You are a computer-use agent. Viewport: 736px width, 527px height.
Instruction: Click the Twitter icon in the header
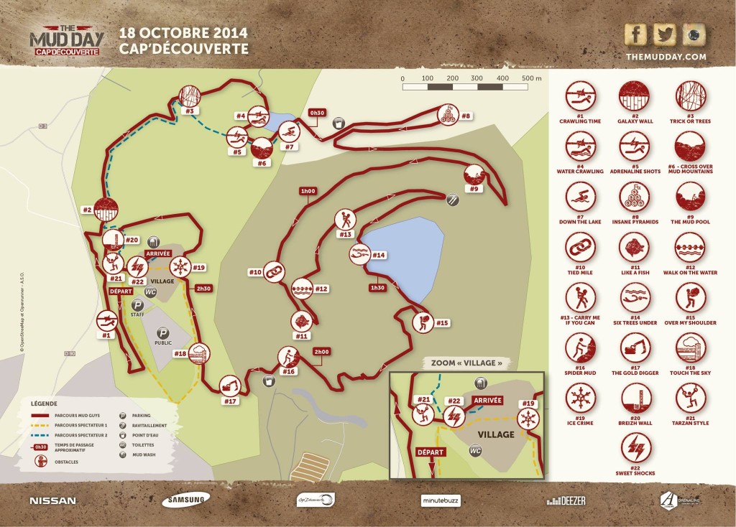pyautogui.click(x=666, y=34)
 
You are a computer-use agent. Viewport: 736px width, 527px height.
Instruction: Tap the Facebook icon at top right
pyautogui.click(x=635, y=34)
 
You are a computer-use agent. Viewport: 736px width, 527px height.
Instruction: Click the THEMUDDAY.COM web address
pyautogui.click(x=666, y=57)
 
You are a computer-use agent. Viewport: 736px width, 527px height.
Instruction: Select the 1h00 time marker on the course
pyautogui.click(x=308, y=191)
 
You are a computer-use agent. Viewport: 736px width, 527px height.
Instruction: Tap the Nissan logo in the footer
pyautogui.click(x=52, y=500)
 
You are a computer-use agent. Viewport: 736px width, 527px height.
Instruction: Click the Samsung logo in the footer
pyautogui.click(x=185, y=500)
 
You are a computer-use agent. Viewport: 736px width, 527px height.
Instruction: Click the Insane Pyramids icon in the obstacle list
pyautogui.click(x=634, y=197)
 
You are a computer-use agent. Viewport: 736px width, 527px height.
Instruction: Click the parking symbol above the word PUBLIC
pyautogui.click(x=163, y=333)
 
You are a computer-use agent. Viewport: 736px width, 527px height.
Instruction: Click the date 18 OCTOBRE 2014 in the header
pyautogui.click(x=183, y=33)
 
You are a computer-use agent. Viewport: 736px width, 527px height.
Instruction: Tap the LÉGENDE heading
pyautogui.click(x=45, y=404)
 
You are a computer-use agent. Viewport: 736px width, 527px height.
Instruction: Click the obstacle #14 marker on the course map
pyautogui.click(x=359, y=253)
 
